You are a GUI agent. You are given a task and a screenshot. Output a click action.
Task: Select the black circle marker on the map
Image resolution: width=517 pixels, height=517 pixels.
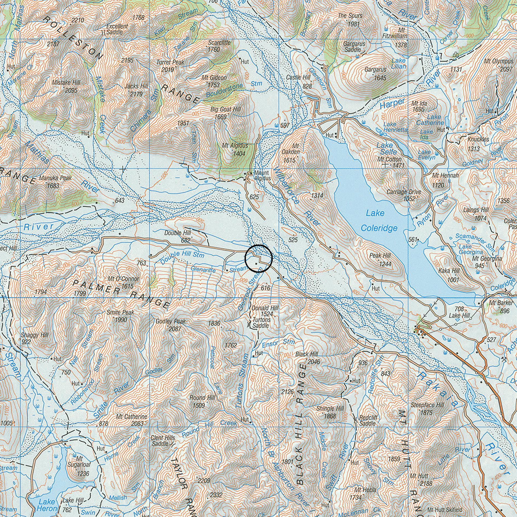coord(258,258)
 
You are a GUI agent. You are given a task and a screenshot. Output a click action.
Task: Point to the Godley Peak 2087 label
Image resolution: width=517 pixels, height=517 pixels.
coord(171,325)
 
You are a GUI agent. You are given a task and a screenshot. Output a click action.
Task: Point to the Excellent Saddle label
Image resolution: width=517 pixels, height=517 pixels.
coord(117,29)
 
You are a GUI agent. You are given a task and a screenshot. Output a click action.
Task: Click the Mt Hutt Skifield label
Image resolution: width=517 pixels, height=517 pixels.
coord(445,510)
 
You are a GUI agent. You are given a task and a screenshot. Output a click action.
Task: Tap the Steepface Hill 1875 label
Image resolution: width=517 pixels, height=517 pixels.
coord(427,409)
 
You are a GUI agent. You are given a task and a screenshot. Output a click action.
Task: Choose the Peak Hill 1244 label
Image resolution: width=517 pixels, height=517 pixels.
coord(380,260)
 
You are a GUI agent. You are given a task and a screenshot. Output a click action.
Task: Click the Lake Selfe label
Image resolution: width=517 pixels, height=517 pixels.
coord(385,148)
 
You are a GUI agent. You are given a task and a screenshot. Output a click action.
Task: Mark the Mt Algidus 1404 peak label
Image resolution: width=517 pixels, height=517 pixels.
coord(235,149)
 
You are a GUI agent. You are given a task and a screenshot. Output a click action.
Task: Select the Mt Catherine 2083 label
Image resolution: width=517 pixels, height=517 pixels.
coord(132,420)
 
